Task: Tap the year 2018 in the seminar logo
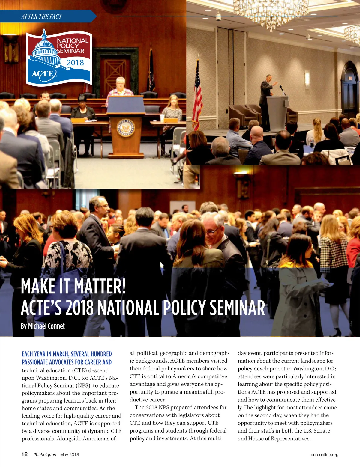point(75,63)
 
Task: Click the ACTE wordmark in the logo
point(44,74)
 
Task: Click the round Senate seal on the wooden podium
point(126,128)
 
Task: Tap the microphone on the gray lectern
point(282,89)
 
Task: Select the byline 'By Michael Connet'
point(43,326)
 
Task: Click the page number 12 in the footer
point(24,454)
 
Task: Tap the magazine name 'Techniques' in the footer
point(45,454)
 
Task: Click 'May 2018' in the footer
point(70,454)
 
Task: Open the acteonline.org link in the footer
point(324,454)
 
